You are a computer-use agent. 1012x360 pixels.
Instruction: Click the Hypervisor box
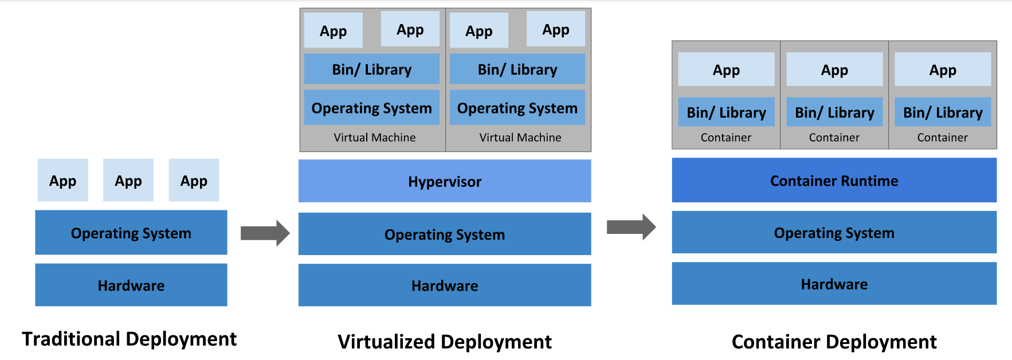click(445, 181)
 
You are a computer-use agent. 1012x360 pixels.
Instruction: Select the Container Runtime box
click(834, 181)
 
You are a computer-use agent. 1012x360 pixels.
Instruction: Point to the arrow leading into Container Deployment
click(631, 227)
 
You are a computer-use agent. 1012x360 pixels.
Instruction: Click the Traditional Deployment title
click(130, 339)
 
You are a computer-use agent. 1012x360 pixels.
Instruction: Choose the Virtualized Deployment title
click(445, 342)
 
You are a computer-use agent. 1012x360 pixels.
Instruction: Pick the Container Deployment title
click(834, 342)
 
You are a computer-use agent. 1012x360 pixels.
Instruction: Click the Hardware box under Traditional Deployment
click(131, 285)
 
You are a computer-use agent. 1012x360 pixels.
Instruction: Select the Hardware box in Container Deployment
click(834, 284)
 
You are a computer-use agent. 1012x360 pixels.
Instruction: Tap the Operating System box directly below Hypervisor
click(445, 234)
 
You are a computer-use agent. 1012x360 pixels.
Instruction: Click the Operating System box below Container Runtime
click(834, 232)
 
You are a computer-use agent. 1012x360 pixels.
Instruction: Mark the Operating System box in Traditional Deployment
click(131, 233)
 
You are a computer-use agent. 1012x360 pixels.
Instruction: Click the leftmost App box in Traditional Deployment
click(62, 181)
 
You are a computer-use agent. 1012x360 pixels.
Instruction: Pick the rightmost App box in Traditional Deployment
click(194, 181)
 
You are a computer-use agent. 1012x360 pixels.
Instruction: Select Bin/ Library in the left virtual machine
click(371, 69)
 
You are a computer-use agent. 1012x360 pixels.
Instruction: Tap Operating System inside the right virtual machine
click(517, 108)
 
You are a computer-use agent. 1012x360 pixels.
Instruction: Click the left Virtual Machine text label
click(375, 138)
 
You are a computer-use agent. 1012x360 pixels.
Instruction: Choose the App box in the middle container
click(834, 70)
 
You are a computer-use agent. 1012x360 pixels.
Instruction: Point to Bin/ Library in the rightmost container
click(943, 112)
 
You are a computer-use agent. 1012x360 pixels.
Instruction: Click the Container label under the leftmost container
click(725, 138)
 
